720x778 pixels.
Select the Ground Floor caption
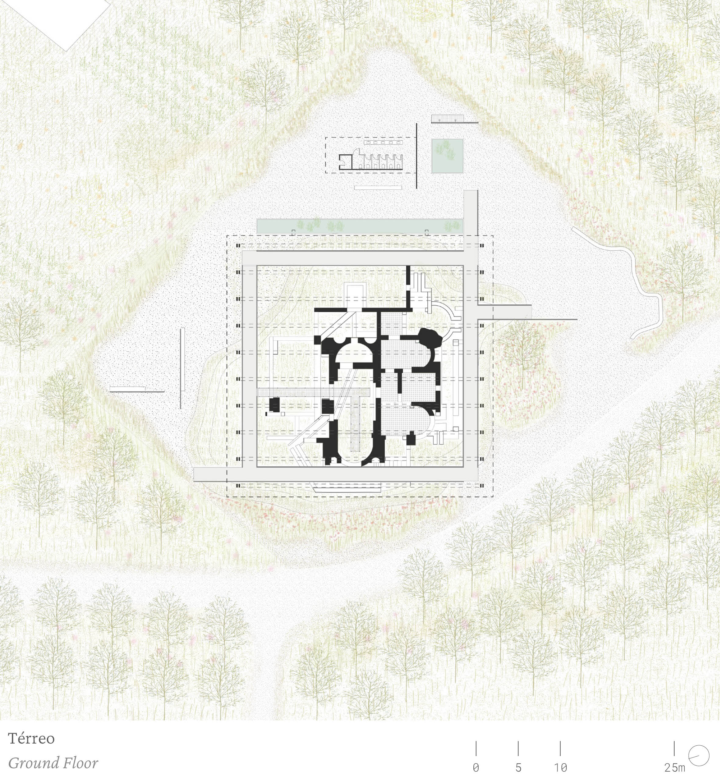53,762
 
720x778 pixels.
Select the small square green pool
447,156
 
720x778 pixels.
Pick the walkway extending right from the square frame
505,312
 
